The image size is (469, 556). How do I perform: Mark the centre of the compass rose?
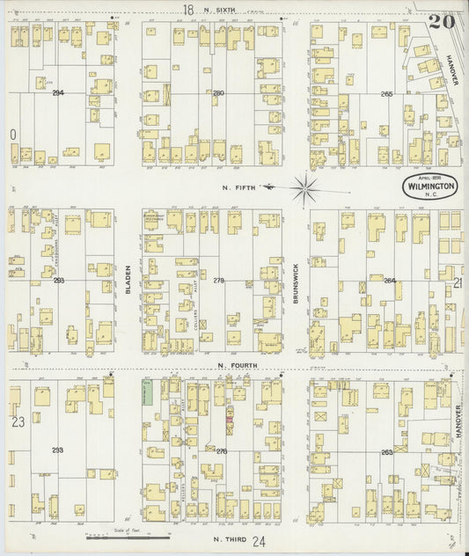click(x=304, y=186)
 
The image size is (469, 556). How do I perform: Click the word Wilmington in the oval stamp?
click(x=429, y=187)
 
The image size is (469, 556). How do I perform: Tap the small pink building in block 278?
click(x=231, y=420)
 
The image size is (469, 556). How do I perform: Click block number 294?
click(x=58, y=92)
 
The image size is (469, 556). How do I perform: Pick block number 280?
click(x=218, y=92)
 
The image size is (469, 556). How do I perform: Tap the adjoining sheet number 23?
click(x=17, y=421)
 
